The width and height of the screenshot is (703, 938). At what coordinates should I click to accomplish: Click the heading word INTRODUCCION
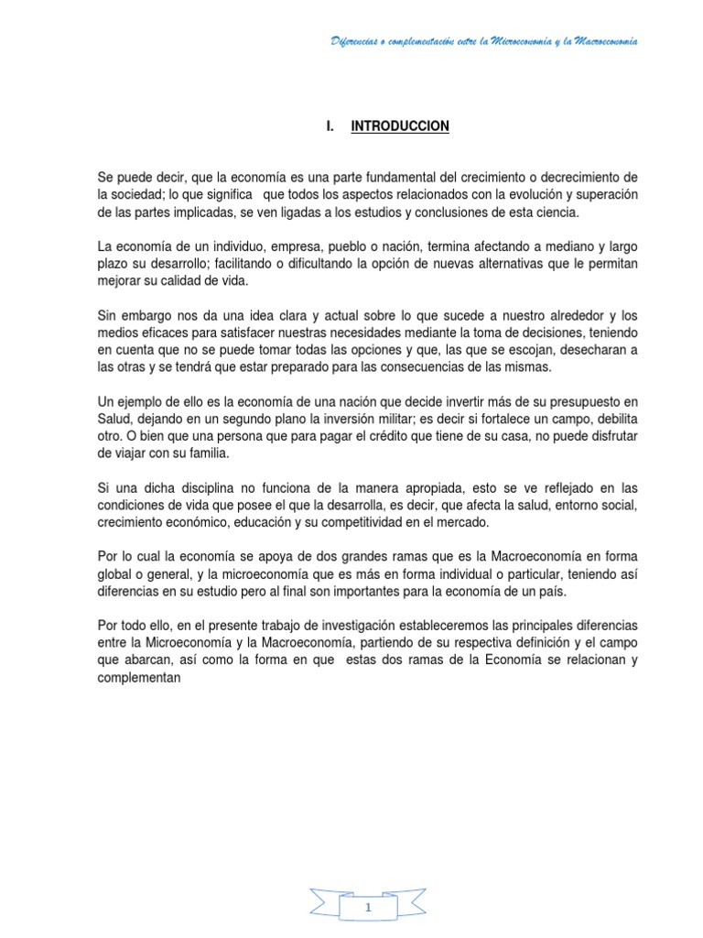[x=400, y=126]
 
